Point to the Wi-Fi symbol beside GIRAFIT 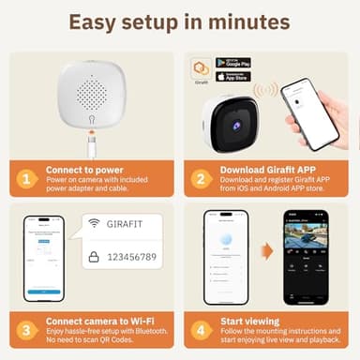94,223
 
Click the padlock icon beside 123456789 94,254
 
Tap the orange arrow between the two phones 266,251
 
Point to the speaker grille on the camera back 91,93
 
